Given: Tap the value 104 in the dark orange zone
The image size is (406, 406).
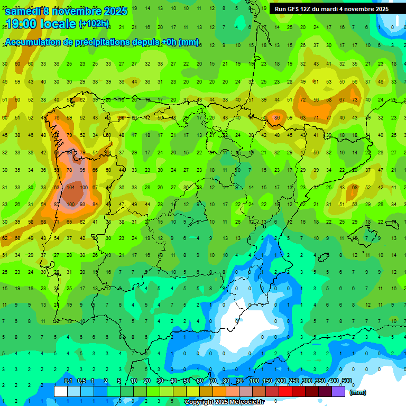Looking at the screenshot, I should (70, 188).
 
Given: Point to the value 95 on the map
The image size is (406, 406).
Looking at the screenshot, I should (82, 170).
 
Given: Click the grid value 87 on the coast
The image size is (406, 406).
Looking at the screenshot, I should (57, 205).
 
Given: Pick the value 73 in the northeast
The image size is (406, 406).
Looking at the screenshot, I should (354, 99).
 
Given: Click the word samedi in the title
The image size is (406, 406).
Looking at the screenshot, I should (23, 11).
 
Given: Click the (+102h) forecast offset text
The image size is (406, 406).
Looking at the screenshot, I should (94, 24).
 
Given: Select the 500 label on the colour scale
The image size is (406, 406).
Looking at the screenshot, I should (346, 381).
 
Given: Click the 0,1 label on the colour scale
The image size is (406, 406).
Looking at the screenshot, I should (68, 381).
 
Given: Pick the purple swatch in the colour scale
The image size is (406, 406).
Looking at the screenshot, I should (339, 391).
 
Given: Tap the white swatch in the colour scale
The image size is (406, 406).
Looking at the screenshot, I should (61, 391).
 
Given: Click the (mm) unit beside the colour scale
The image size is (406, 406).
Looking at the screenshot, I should (358, 392).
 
